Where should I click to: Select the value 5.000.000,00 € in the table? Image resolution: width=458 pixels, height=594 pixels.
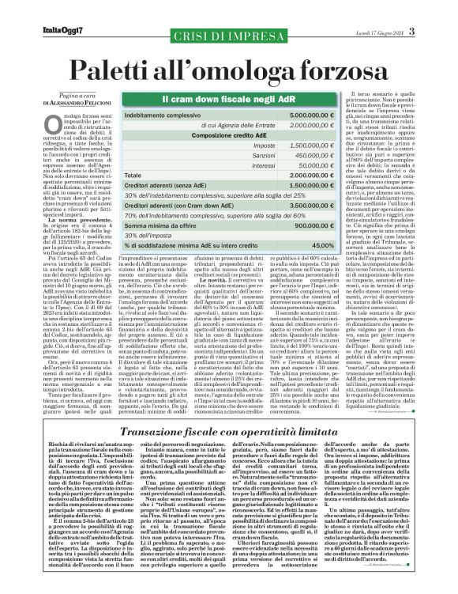pos(311,115)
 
